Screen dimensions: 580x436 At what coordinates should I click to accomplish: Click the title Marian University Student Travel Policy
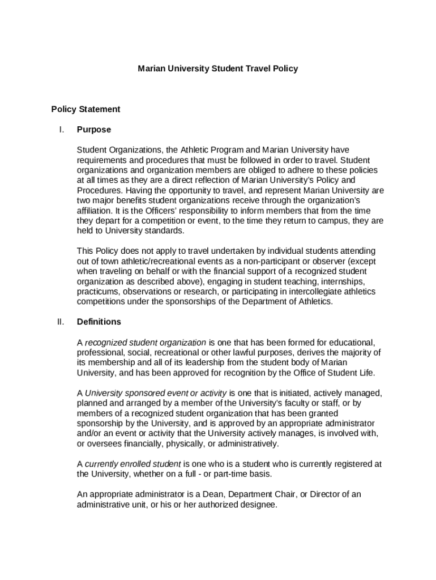[x=218, y=69]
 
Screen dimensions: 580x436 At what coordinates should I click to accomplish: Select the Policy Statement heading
[x=86, y=109]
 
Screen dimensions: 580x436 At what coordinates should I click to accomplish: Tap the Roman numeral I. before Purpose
[x=61, y=130]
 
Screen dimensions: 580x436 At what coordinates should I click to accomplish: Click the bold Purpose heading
[x=94, y=130]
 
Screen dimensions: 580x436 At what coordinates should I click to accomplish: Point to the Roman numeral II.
[x=61, y=322]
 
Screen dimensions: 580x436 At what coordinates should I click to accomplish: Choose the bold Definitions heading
[x=99, y=322]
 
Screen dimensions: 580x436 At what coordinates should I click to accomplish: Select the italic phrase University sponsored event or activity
[x=156, y=393]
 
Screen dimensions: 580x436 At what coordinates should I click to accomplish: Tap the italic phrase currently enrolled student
[x=133, y=464]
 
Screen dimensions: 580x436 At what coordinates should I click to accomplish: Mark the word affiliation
[x=96, y=211]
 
